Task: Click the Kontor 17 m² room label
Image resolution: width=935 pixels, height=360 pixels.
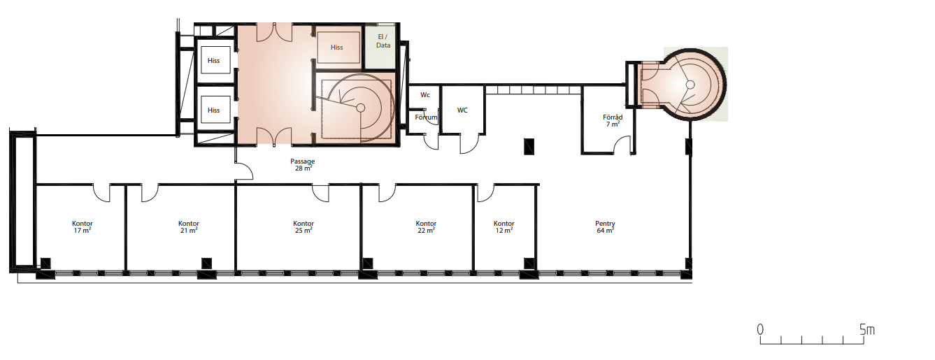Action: tap(83, 227)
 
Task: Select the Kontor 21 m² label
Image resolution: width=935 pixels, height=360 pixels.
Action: tap(189, 227)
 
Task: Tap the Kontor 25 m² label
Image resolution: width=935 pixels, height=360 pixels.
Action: tap(304, 227)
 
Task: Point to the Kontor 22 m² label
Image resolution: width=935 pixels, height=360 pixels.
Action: tap(426, 227)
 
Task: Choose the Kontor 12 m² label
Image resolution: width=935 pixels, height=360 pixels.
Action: tap(504, 227)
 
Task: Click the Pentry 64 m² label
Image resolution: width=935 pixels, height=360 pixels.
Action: tap(605, 227)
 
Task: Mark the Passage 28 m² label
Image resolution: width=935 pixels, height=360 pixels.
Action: tap(303, 165)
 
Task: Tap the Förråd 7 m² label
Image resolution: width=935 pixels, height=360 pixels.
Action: tap(613, 120)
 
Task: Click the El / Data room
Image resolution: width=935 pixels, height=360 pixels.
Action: tap(380, 47)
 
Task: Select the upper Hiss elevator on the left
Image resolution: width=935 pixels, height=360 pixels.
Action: tap(214, 61)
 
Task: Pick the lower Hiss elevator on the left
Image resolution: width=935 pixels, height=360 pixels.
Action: tap(214, 110)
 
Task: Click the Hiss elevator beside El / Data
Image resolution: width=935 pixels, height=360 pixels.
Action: tap(338, 47)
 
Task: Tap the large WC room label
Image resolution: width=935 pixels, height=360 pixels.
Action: tap(462, 110)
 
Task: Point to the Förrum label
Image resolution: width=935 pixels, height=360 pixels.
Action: tap(426, 117)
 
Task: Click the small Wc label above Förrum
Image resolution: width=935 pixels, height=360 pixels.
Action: tap(425, 95)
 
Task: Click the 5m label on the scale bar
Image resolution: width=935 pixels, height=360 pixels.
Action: tap(866, 330)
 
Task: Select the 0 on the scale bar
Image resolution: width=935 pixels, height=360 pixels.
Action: tap(760, 330)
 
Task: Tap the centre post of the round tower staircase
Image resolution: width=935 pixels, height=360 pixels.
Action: tap(690, 85)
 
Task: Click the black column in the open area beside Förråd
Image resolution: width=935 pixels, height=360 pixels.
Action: tap(529, 146)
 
